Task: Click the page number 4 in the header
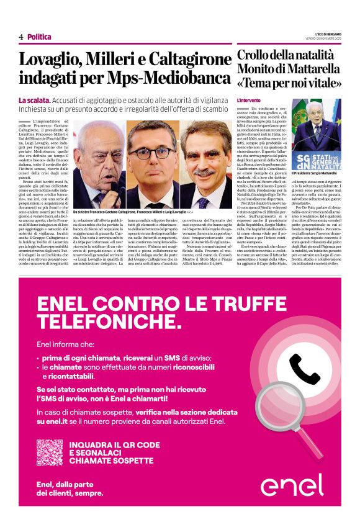click(x=21, y=37)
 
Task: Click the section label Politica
click(x=39, y=37)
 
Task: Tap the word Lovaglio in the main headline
click(x=52, y=60)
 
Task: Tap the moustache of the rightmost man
click(x=204, y=174)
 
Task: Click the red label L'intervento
click(x=248, y=100)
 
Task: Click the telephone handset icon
click(x=304, y=370)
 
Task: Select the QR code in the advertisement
click(x=50, y=453)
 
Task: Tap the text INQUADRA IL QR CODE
click(x=114, y=445)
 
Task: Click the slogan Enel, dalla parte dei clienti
click(x=70, y=489)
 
